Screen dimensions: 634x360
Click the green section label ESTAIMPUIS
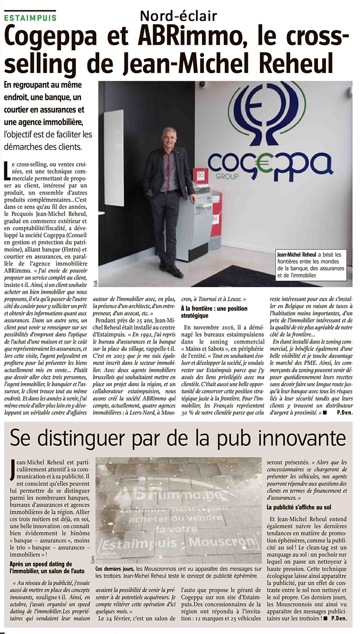[x=30, y=18]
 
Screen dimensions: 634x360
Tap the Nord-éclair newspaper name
[x=178, y=16]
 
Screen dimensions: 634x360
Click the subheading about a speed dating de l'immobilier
[x=47, y=567]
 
